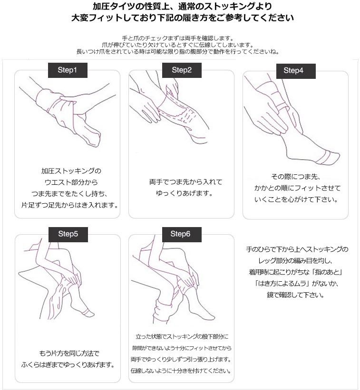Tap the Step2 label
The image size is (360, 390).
coord(181,70)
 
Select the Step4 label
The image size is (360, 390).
coord(293,70)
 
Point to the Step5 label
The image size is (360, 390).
coord(68,234)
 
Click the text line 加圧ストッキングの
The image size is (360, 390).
coord(71,171)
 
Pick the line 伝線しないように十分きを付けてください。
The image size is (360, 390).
coord(181,370)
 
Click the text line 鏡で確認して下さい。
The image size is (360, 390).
coord(295,295)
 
